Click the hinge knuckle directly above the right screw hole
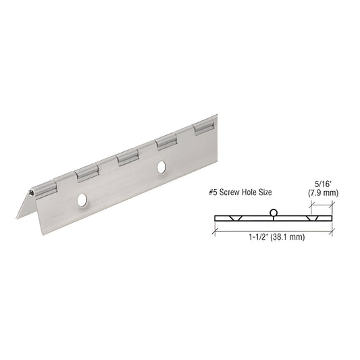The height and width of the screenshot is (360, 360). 165,142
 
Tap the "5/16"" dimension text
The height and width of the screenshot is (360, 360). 323,182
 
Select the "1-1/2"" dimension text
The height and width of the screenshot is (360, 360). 258,238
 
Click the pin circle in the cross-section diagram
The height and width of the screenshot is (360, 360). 272,213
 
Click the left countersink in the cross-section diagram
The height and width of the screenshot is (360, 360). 234,220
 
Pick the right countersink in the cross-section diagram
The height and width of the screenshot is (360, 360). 312,220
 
